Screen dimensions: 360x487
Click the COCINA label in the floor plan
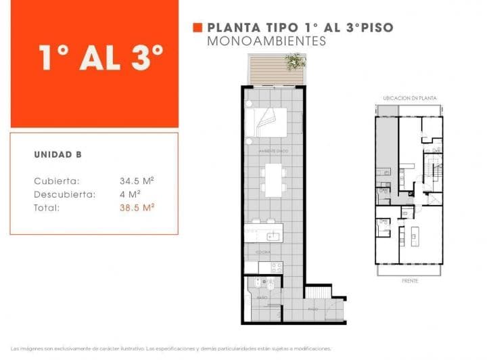coord(262,251)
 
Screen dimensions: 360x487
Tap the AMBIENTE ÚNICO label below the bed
coord(274,150)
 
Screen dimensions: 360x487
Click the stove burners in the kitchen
coord(275,267)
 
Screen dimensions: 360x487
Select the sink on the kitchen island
coord(273,236)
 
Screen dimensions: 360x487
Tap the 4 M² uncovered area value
coord(128,194)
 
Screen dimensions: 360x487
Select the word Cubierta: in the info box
coord(57,181)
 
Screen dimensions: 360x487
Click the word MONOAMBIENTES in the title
coord(266,41)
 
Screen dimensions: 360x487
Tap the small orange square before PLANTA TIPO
coord(198,28)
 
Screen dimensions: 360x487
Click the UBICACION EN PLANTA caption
coord(409,98)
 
